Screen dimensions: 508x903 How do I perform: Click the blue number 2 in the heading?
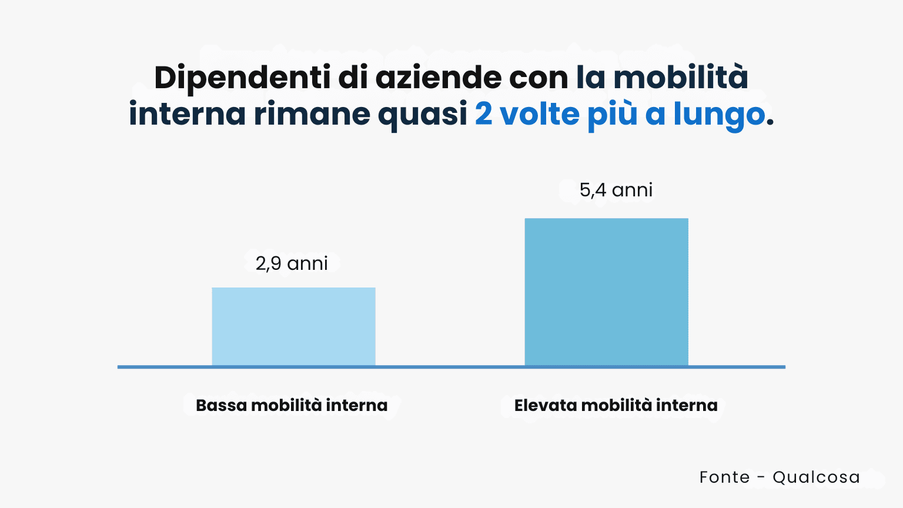pos(483,114)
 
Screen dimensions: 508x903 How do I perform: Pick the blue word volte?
pos(539,114)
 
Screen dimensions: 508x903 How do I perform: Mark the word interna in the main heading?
pos(187,114)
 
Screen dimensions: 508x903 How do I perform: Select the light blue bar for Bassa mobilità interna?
pos(293,326)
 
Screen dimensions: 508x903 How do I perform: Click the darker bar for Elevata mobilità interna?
pos(606,292)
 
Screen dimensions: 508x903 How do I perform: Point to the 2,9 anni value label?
pos(292,263)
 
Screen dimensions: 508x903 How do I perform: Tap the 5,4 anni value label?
pos(616,190)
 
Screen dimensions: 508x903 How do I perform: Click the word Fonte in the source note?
pos(724,477)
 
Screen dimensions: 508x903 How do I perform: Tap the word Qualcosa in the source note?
pos(816,477)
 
